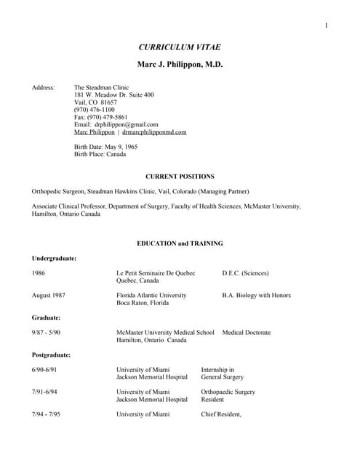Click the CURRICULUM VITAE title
(x=180, y=47)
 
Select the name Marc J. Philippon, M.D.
(x=180, y=65)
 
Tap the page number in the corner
(x=327, y=26)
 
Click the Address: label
(x=44, y=87)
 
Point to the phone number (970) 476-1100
(x=95, y=110)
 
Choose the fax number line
(x=101, y=117)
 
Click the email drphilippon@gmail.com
(x=116, y=124)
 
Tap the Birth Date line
(x=105, y=147)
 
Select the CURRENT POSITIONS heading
(x=180, y=177)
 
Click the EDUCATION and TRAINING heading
(x=180, y=243)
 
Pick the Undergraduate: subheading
(x=55, y=258)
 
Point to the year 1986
(x=39, y=273)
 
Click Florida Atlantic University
(x=151, y=296)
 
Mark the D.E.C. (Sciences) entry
(x=245, y=273)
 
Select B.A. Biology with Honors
(x=257, y=296)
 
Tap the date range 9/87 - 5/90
(x=47, y=333)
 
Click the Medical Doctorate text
(x=247, y=333)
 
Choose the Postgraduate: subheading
(x=52, y=355)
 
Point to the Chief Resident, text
(x=221, y=415)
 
